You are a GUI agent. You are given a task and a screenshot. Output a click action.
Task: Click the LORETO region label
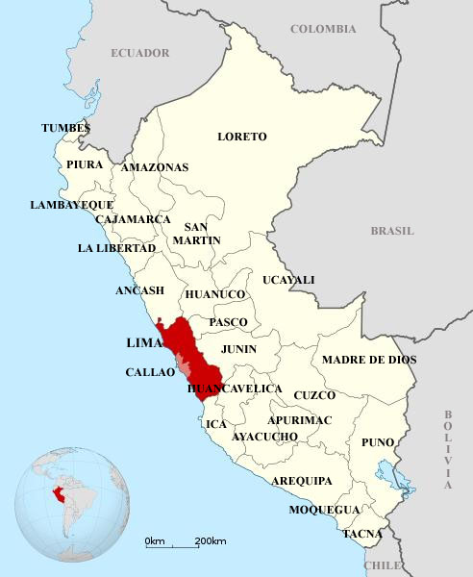point(241,137)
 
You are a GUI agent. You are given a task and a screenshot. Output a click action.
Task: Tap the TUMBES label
point(65,128)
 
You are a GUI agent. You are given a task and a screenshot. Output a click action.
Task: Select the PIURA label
point(85,164)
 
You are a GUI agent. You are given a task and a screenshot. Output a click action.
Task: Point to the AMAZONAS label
point(155,167)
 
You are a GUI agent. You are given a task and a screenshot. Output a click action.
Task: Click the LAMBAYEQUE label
point(72,205)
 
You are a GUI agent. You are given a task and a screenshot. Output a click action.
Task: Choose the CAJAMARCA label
point(133,219)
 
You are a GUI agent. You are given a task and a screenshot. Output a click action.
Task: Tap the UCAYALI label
point(288,280)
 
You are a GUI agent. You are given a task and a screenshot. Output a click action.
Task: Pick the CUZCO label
point(314,395)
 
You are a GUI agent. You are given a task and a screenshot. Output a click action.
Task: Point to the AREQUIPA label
point(302,480)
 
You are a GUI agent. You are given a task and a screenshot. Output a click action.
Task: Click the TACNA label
point(362,533)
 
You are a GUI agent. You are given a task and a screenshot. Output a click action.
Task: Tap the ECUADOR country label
point(139,53)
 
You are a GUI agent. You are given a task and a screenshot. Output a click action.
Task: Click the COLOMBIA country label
point(323,29)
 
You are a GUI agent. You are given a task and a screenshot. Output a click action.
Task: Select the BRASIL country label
point(392,231)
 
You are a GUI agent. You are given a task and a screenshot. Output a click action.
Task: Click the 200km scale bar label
point(210,541)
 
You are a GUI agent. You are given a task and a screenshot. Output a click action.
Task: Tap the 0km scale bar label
point(155,541)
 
